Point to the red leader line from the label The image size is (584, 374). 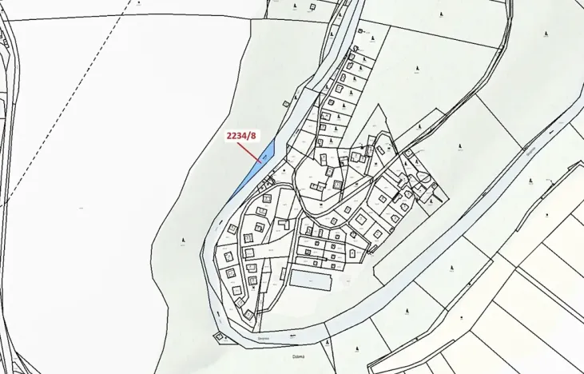click(x=249, y=151)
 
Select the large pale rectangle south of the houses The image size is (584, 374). click(x=310, y=280)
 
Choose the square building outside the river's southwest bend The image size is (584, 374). click(x=218, y=336)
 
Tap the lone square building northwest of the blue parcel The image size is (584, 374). click(x=285, y=102)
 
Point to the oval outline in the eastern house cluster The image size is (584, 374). click(x=423, y=177)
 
